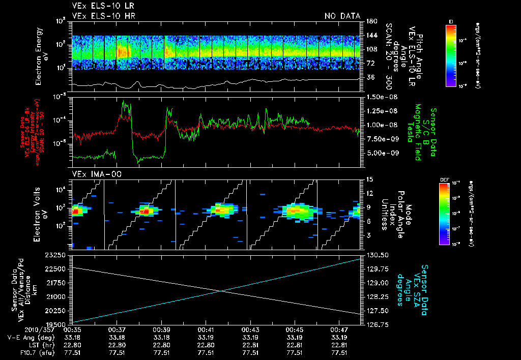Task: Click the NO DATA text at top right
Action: tap(342, 16)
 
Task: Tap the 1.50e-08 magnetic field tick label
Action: tap(382, 97)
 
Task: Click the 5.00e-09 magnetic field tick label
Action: tap(382, 153)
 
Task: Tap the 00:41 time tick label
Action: tap(206, 330)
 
